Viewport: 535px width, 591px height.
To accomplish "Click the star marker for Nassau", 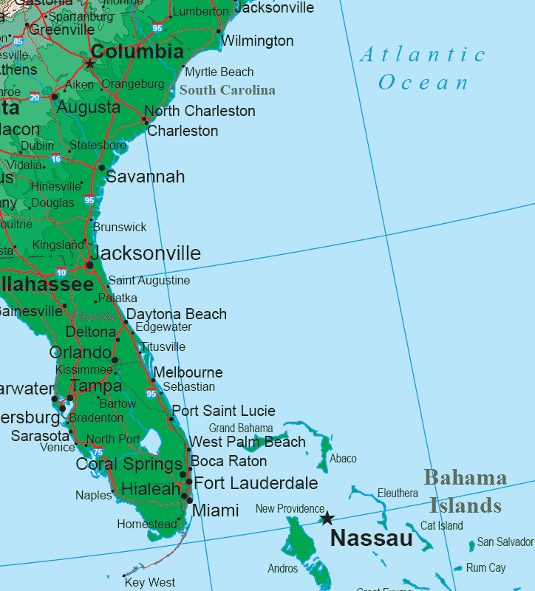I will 327,518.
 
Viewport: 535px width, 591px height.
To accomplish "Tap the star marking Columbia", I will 90,64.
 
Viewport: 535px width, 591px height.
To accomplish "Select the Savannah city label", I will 146,177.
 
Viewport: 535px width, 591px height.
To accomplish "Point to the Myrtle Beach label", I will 219,72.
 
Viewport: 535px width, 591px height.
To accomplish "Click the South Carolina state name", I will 227,91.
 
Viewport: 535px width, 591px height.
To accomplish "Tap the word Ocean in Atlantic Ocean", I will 423,83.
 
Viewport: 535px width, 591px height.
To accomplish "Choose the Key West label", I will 150,582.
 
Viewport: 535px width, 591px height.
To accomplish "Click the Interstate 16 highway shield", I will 56,158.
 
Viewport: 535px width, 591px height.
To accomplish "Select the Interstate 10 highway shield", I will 61,273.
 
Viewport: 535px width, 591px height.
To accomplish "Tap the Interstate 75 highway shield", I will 98,452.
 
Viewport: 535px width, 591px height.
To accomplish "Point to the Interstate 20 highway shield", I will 35,97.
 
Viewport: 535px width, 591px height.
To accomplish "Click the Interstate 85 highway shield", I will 18,41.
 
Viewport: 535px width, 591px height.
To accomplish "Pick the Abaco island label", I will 343,459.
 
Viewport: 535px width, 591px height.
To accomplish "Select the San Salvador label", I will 505,542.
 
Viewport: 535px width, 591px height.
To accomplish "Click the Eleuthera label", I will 398,493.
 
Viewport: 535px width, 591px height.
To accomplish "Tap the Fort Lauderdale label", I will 256,484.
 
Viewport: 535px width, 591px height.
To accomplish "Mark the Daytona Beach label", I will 177,315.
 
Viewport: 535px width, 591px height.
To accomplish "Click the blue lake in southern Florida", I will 151,442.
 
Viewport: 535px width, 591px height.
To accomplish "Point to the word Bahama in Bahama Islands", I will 465,478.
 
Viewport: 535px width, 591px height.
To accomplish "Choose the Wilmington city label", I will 257,41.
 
